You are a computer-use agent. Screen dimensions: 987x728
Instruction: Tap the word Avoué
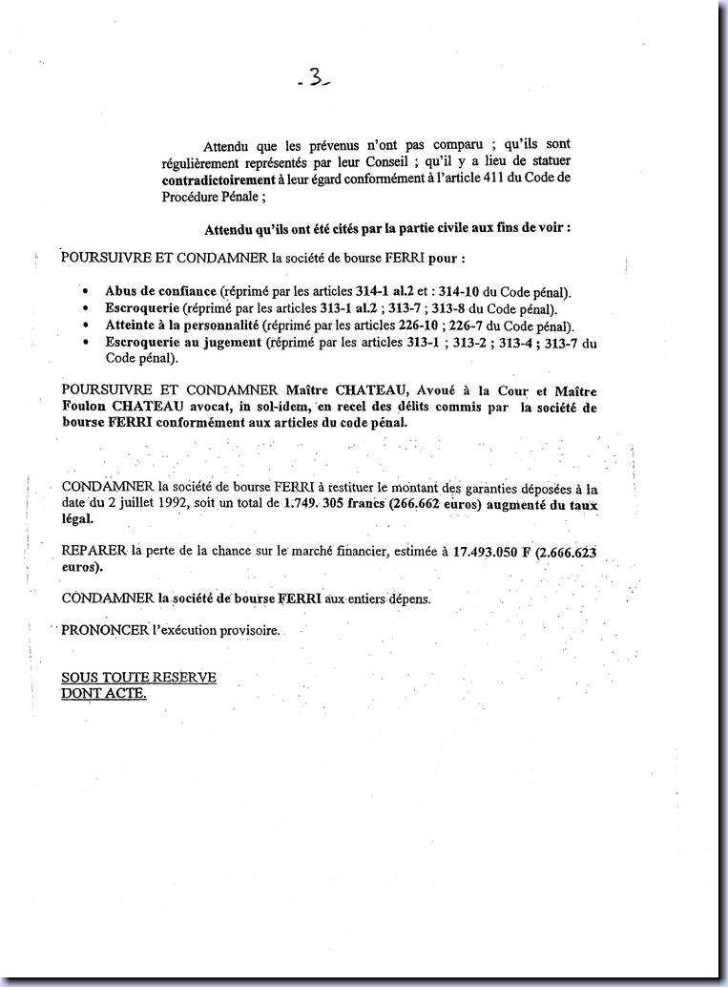[431, 390]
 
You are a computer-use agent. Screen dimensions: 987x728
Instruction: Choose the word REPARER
[94, 551]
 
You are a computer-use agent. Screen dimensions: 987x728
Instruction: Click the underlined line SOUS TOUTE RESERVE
[138, 677]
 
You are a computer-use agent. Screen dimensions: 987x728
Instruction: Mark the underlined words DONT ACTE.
[103, 693]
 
